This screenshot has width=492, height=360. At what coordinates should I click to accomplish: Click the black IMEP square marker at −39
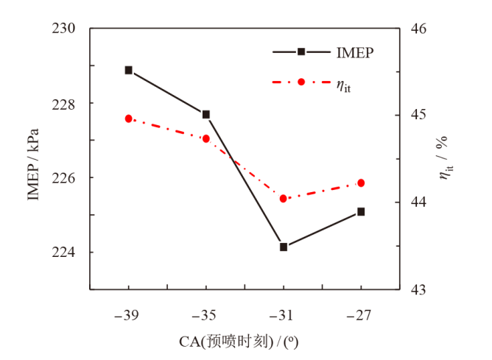pos(129,70)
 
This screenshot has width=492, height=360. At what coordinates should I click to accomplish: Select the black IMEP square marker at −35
pos(206,114)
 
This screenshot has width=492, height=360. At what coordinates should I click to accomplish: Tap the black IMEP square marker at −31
pos(284,247)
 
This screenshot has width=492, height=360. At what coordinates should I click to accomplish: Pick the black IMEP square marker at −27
pos(361,211)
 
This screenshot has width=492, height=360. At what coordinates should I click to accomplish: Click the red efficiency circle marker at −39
pos(129,119)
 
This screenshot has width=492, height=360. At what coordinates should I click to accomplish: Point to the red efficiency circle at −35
pos(206,138)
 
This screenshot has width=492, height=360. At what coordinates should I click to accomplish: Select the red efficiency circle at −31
pos(284,198)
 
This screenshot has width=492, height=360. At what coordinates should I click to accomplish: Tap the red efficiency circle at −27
pos(361,183)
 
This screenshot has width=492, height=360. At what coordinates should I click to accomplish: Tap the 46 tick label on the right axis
pos(418,29)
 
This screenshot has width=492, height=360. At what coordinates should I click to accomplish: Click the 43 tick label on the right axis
pos(418,289)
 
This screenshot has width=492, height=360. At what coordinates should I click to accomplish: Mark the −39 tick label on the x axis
pos(129,314)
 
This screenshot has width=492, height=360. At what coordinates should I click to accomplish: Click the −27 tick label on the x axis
pos(361,314)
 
